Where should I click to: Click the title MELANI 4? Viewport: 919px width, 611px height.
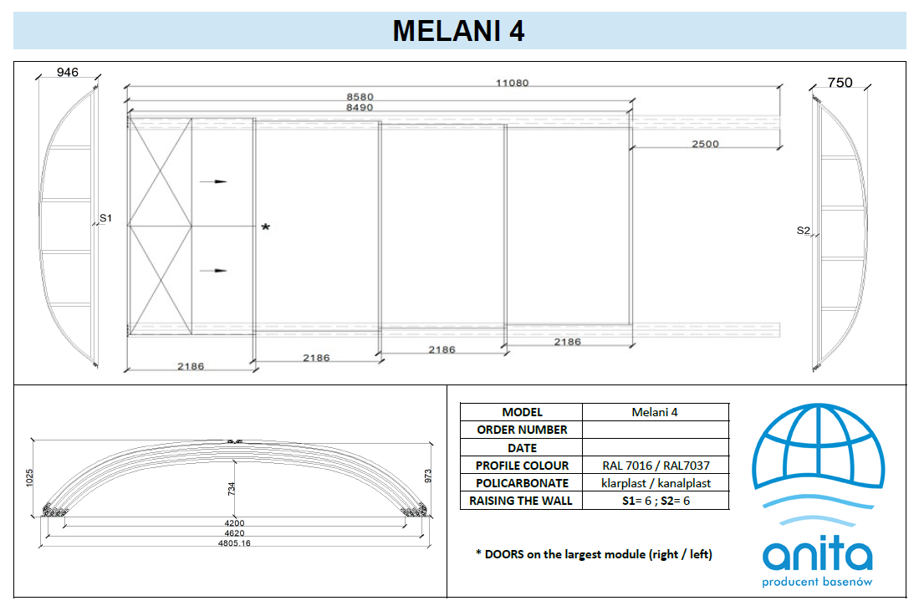458,31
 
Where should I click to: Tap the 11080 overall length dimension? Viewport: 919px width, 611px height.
513,83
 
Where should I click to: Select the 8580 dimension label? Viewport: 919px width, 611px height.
360,97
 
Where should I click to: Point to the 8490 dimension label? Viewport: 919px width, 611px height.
360,107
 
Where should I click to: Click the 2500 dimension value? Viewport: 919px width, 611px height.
705,144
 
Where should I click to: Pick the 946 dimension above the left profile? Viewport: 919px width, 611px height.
68,72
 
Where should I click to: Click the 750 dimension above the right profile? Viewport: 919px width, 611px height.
840,83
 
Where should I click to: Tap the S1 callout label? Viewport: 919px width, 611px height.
105,218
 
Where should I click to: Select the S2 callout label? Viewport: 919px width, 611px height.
803,230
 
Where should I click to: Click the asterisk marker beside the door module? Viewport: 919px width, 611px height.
266,227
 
